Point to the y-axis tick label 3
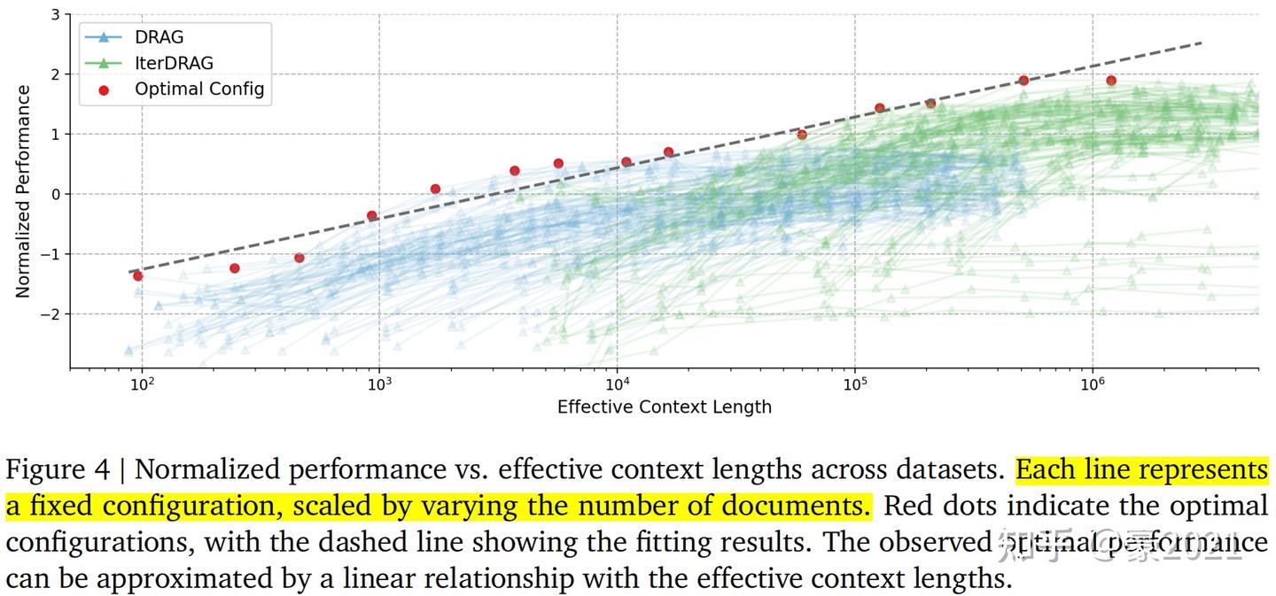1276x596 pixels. point(56,15)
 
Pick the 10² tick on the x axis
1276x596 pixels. point(142,384)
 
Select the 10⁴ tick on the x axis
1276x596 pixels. point(617,384)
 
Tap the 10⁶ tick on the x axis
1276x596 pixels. point(1093,384)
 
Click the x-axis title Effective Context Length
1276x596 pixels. point(664,407)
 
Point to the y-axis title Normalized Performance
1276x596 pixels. point(24,191)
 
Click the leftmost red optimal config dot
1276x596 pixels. point(138,275)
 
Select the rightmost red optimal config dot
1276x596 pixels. point(1111,81)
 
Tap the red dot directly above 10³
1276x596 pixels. point(372,215)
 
